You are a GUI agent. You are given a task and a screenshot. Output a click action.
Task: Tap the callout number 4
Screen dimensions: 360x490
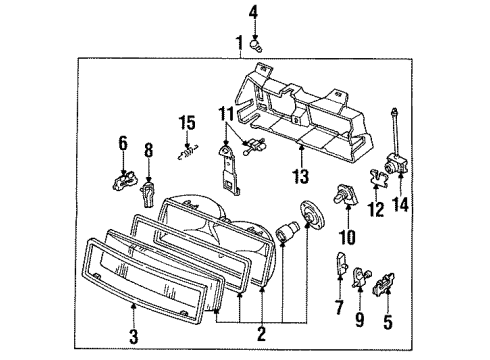click(x=253, y=12)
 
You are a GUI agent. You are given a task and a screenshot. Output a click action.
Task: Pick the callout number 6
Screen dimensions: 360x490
click(x=122, y=143)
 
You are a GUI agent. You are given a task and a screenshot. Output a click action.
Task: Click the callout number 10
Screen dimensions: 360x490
click(x=347, y=239)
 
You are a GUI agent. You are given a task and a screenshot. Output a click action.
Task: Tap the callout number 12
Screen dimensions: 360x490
click(x=377, y=210)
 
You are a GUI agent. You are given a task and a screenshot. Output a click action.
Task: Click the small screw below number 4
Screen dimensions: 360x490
click(x=257, y=40)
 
